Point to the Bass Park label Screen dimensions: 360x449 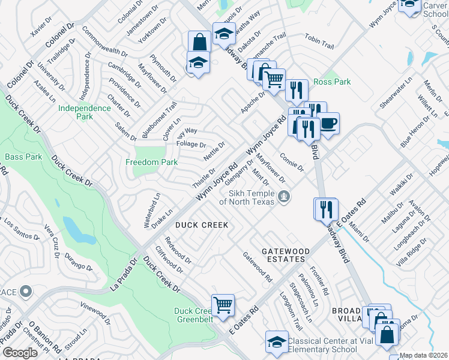point(23,157)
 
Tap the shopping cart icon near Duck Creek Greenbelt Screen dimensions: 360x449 point(223,304)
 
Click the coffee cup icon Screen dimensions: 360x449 point(328,123)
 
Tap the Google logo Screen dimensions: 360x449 point(20,352)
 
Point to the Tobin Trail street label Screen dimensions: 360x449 point(319,41)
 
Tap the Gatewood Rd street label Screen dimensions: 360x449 point(258,267)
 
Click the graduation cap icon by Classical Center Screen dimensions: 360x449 point(277,342)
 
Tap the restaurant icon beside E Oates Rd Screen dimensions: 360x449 point(325,209)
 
